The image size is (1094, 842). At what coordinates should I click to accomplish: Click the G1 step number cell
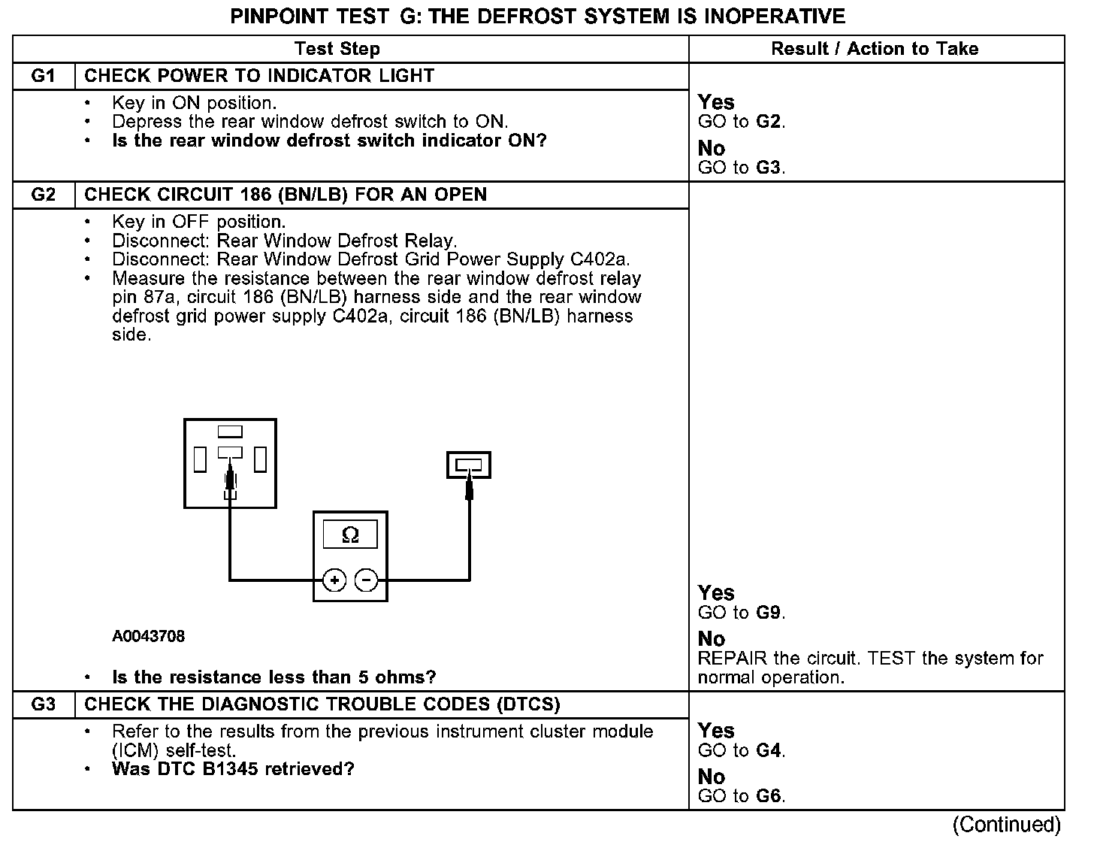[x=44, y=76]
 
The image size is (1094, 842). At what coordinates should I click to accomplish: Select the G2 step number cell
[x=44, y=195]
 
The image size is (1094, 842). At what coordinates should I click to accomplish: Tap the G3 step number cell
[x=44, y=704]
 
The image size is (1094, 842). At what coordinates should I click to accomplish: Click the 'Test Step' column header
[x=337, y=50]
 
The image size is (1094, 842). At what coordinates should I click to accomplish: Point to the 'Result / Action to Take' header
[x=875, y=50]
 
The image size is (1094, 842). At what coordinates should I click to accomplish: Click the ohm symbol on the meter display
[x=350, y=535]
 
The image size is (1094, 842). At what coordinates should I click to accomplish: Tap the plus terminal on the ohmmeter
[x=334, y=580]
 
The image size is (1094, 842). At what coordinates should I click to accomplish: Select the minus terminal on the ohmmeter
[x=366, y=580]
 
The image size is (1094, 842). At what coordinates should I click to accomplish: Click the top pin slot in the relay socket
[x=230, y=432]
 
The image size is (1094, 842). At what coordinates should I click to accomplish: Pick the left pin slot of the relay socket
[x=200, y=459]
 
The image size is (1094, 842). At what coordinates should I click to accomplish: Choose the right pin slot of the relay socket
[x=260, y=459]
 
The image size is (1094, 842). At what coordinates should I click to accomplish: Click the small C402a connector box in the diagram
[x=469, y=465]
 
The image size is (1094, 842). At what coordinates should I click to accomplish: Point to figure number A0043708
[x=149, y=637]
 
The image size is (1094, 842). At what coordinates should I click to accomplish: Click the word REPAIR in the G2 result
[x=733, y=659]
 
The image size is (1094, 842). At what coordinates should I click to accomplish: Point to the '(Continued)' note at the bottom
[x=1006, y=825]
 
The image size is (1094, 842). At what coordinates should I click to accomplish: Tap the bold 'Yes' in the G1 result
[x=716, y=102]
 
